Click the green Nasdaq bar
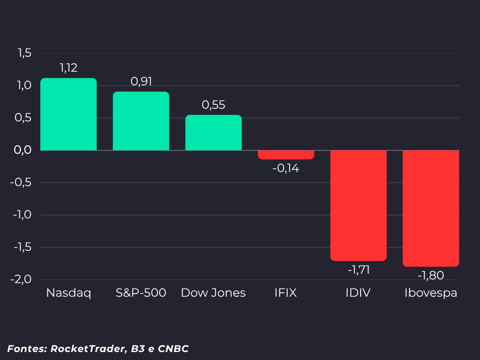tap(68, 114)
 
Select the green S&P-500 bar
tap(141, 121)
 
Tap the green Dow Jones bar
tap(213, 133)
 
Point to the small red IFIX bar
tap(286, 155)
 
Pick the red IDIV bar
tap(359, 206)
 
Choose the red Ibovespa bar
tap(431, 209)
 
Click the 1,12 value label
tap(68, 68)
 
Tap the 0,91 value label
tap(141, 82)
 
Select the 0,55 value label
tap(213, 105)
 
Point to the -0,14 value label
tap(286, 168)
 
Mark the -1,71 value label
tap(359, 270)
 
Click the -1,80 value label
tap(431, 276)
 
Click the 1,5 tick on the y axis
tap(24, 53)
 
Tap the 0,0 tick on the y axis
tap(22, 150)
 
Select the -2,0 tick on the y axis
tap(21, 279)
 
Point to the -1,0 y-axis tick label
tap(22, 215)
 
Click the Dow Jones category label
tap(213, 293)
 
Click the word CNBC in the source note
tap(173, 349)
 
